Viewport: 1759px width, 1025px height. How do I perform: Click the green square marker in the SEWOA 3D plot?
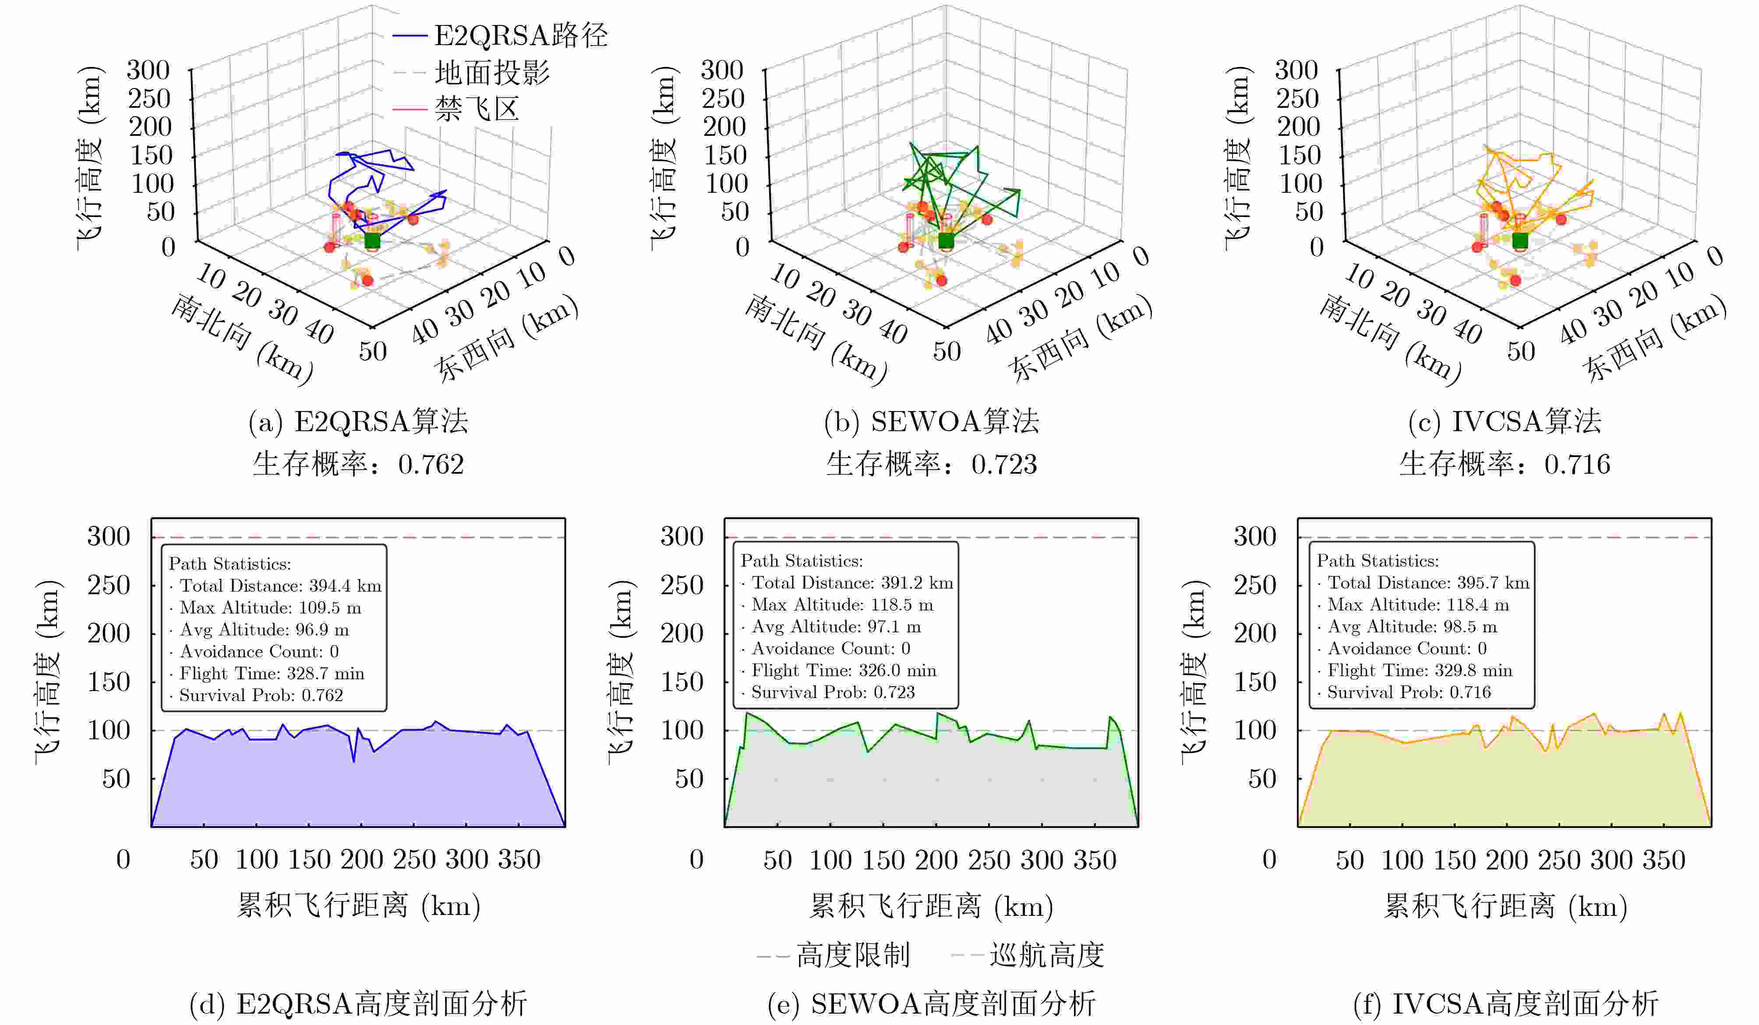946,241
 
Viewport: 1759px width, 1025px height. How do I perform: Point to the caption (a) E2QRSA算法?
358,421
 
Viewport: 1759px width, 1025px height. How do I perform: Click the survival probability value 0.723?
1004,465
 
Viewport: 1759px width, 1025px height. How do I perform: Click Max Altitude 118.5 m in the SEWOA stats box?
842,605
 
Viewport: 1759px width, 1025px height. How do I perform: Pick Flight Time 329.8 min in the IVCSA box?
1419,670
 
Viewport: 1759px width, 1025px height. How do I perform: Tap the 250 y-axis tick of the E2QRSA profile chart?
109,585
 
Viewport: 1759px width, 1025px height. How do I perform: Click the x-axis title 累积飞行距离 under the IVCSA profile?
1505,906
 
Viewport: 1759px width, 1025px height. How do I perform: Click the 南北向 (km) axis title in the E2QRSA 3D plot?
241,339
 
